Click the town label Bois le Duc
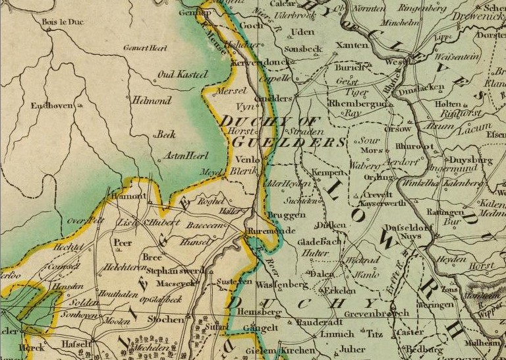59,22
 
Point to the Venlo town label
247,160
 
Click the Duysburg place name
470,160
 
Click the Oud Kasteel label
183,75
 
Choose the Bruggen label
286,216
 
